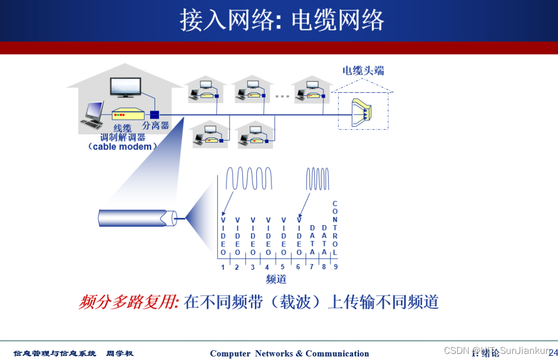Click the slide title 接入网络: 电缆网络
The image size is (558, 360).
click(x=282, y=20)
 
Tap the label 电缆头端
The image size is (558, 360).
click(x=363, y=70)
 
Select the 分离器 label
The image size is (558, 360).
click(x=156, y=125)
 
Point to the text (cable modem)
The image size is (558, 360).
click(x=122, y=147)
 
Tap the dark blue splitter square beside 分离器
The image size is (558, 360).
click(x=155, y=114)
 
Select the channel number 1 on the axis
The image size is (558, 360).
click(x=222, y=267)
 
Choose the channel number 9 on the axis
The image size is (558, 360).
click(x=336, y=267)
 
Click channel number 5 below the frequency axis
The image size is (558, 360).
click(x=283, y=267)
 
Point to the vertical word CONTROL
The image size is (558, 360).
click(x=335, y=228)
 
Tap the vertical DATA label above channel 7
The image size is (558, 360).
click(x=312, y=240)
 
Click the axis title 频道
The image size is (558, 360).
click(x=276, y=279)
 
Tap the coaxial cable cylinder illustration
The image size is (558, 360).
click(x=137, y=219)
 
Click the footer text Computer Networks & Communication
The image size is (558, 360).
click(x=289, y=353)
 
